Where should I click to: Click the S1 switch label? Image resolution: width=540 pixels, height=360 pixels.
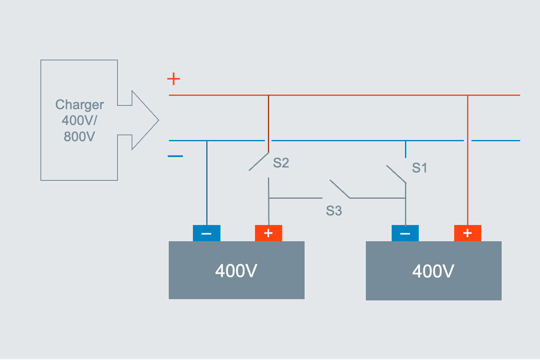420,168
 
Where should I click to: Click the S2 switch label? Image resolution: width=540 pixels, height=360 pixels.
281,163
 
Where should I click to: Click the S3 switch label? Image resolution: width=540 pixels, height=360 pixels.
334,211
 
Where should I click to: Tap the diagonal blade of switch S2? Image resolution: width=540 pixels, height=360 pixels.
259,162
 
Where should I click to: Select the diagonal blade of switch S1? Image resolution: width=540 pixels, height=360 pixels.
396,174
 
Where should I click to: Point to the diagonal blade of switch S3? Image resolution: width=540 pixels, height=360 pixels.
340,189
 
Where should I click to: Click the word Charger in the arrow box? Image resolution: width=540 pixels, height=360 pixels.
80,105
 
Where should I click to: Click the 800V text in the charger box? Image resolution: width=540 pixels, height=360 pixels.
80,136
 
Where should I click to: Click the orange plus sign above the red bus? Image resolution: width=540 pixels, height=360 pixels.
173,79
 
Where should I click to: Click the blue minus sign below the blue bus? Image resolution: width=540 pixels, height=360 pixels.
175,156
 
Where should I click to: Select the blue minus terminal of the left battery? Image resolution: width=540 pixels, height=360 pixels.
206,233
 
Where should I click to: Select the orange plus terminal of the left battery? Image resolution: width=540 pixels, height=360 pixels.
268,233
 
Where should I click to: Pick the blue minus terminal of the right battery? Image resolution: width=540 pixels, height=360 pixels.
405,233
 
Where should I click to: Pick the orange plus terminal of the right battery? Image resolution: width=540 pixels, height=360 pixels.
467,233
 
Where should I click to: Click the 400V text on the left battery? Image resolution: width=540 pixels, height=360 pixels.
236,271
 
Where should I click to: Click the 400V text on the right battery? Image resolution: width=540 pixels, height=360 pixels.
433,272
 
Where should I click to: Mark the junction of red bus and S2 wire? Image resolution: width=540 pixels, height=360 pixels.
268,95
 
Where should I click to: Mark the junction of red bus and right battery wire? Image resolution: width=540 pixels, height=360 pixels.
467,95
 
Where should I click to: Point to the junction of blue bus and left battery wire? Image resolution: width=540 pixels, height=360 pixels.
207,141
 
